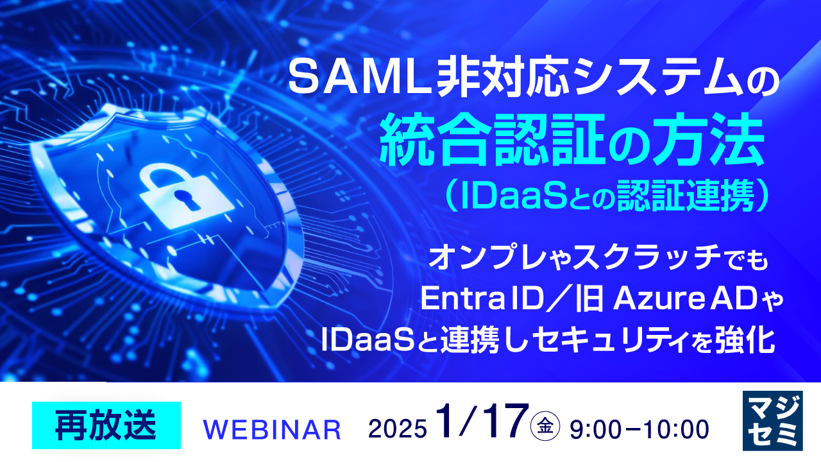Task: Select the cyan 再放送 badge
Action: point(106,425)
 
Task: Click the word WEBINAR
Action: point(271,429)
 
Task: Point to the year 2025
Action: point(397,429)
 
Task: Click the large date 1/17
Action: point(482,421)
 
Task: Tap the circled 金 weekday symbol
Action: point(545,425)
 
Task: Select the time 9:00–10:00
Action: point(639,429)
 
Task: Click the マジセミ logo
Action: point(773,420)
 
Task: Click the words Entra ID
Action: point(482,299)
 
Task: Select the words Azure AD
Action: point(679,299)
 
